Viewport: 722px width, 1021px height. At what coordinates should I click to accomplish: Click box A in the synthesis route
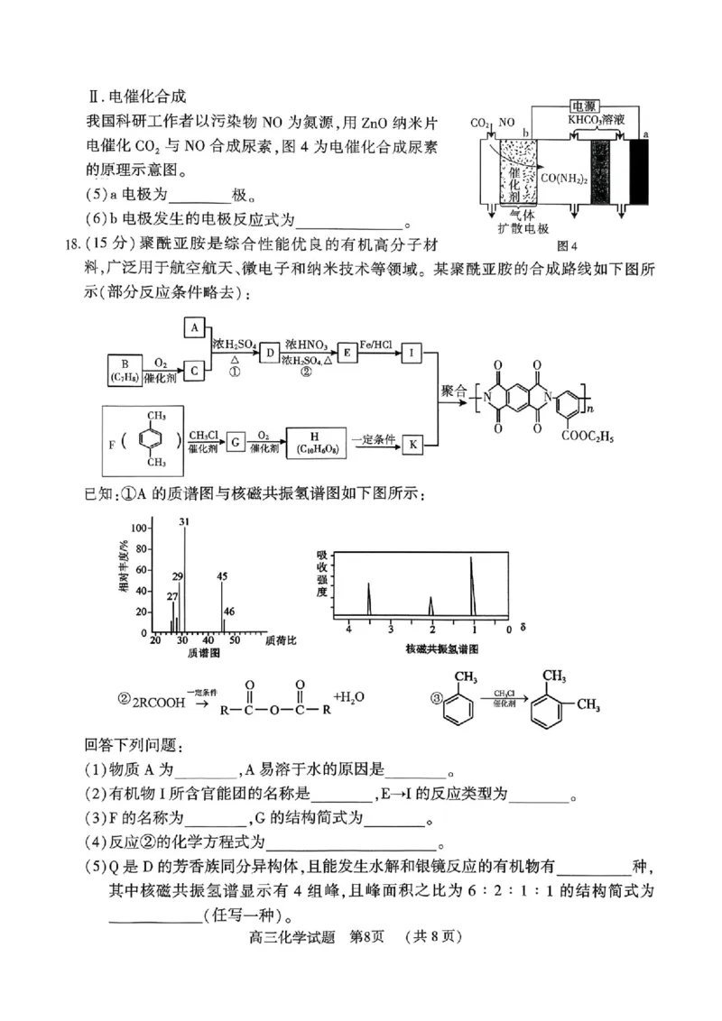[195, 328]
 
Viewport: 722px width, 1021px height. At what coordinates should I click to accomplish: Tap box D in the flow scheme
[267, 354]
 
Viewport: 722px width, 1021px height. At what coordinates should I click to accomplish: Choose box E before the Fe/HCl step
[346, 354]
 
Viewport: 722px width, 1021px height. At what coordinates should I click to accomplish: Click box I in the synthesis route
[411, 354]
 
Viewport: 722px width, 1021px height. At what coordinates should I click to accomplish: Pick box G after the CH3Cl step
[236, 444]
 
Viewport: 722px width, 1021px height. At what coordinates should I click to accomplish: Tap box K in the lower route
[411, 444]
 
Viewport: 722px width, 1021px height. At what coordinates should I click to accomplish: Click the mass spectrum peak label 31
[184, 522]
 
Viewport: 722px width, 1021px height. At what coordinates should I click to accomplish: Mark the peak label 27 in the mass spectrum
[172, 596]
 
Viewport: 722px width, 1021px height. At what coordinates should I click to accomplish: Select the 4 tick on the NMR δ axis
[347, 629]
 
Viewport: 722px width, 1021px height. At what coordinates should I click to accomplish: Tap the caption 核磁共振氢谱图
[441, 648]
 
